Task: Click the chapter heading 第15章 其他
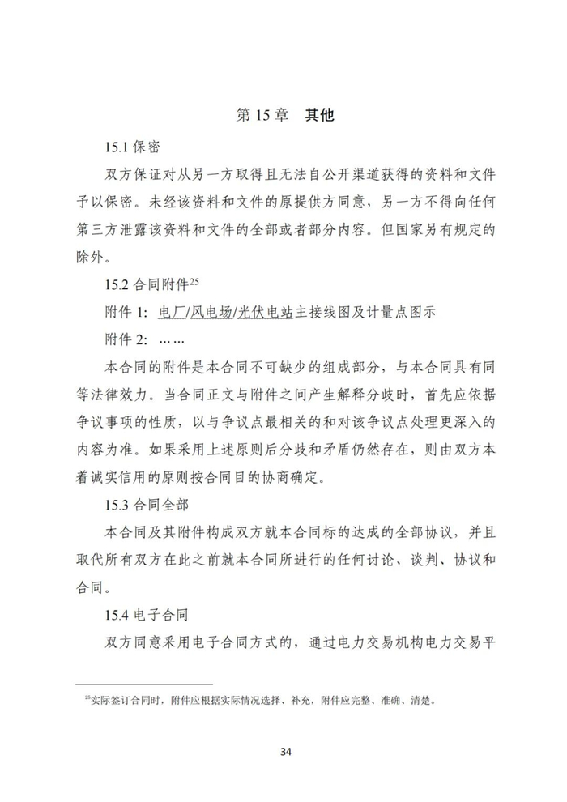(283, 115)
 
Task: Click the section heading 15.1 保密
(132, 147)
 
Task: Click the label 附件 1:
(127, 312)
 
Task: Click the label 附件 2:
(127, 340)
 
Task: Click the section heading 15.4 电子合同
(147, 615)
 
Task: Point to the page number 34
(284, 751)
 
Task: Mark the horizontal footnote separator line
(143, 683)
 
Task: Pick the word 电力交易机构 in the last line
(395, 642)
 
